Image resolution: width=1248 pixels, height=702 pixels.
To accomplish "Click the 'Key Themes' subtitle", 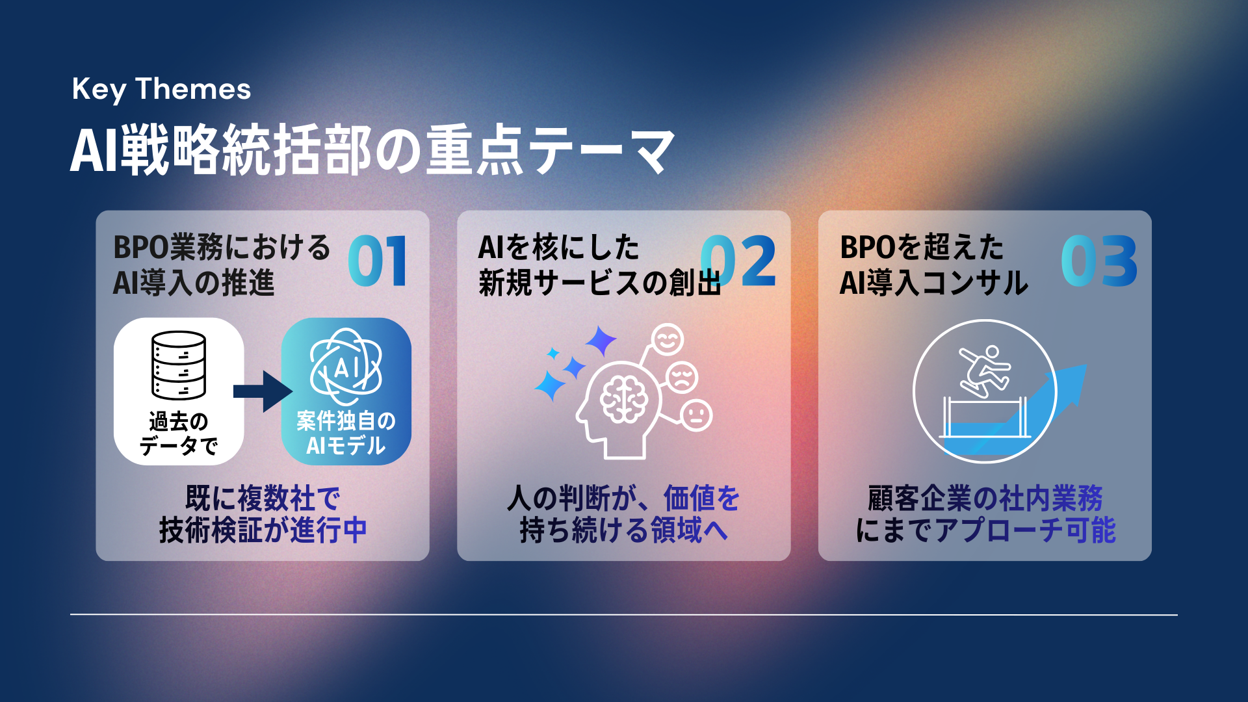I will click(161, 89).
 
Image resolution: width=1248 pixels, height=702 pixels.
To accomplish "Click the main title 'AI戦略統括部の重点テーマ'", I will click(372, 150).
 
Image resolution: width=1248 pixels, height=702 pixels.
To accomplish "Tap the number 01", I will click(378, 261).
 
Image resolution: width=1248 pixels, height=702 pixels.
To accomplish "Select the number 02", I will click(739, 261).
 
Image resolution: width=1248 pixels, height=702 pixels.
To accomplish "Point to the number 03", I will click(1099, 261).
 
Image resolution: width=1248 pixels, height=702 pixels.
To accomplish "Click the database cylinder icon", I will click(179, 365).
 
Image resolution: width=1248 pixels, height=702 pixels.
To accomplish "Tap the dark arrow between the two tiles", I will click(263, 391).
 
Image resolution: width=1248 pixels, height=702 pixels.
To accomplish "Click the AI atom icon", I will click(346, 367).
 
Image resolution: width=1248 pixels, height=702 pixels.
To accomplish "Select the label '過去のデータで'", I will click(179, 434).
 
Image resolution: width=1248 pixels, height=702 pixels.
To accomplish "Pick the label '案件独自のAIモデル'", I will click(346, 434).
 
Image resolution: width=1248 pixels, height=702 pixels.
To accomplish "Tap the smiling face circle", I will click(668, 339).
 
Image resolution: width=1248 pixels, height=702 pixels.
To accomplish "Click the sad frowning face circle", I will click(682, 377).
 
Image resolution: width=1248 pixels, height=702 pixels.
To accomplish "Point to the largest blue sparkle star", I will click(601, 341).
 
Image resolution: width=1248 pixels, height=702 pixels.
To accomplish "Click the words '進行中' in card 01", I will click(329, 530).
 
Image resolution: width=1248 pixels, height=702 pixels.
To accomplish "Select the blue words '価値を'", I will click(702, 499).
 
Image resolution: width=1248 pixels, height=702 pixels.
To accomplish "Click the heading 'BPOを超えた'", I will click(922, 248).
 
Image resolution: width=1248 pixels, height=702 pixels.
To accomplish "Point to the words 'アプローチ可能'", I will click(1025, 530).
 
